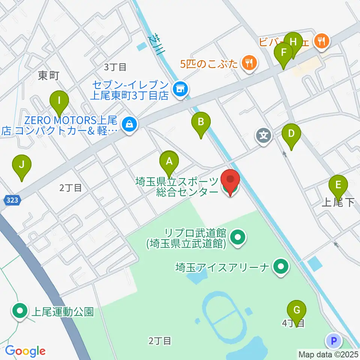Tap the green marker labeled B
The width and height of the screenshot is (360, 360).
tap(201, 122)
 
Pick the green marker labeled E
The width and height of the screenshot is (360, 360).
tap(338, 185)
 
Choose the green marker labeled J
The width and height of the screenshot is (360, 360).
tap(22, 165)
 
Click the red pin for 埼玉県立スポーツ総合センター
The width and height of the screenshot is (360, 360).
tap(229, 182)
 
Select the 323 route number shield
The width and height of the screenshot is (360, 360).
tap(13, 201)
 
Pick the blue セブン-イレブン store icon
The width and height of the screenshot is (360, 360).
tap(180, 89)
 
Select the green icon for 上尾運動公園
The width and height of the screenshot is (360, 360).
tap(19, 312)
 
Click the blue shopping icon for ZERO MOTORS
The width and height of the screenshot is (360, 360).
tap(129, 124)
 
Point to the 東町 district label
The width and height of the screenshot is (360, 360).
tap(49, 76)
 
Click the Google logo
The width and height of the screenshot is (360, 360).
tap(25, 351)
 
